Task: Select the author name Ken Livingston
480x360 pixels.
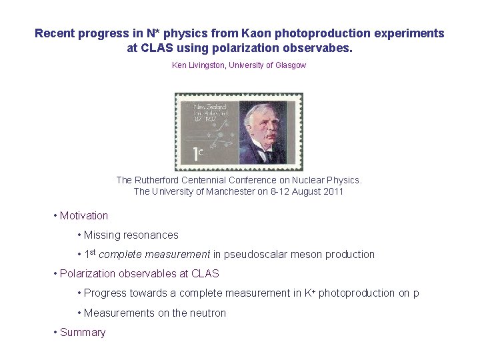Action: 199,65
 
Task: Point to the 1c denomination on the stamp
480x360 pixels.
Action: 199,155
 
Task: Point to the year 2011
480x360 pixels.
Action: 333,192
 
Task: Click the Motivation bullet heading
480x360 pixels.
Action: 83,215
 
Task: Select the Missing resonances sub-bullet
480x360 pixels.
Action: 131,235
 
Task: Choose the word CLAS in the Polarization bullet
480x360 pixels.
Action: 205,273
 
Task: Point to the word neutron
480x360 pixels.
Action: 209,313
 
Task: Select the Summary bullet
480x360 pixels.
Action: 83,332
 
